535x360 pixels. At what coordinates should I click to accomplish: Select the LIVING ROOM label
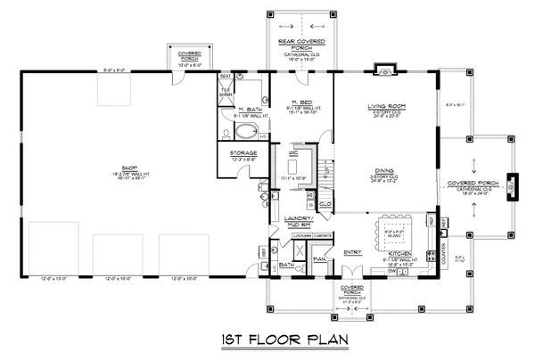tap(386, 106)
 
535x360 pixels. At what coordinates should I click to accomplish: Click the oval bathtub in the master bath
tap(244, 135)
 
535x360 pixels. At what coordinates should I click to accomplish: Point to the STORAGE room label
tap(243, 153)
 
